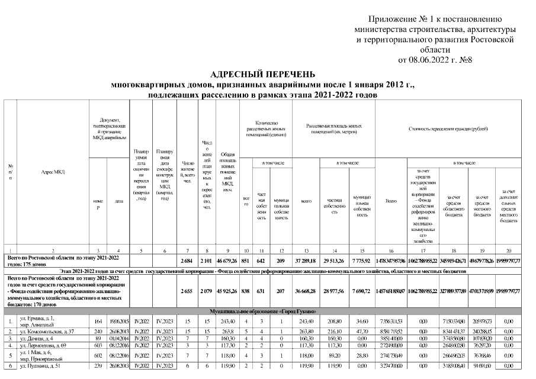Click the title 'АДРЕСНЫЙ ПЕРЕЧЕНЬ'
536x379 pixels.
click(x=268, y=75)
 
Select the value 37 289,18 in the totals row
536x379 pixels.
click(x=307, y=261)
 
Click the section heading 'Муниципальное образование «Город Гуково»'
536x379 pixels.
click(x=268, y=311)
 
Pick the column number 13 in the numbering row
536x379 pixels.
click(x=307, y=251)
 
